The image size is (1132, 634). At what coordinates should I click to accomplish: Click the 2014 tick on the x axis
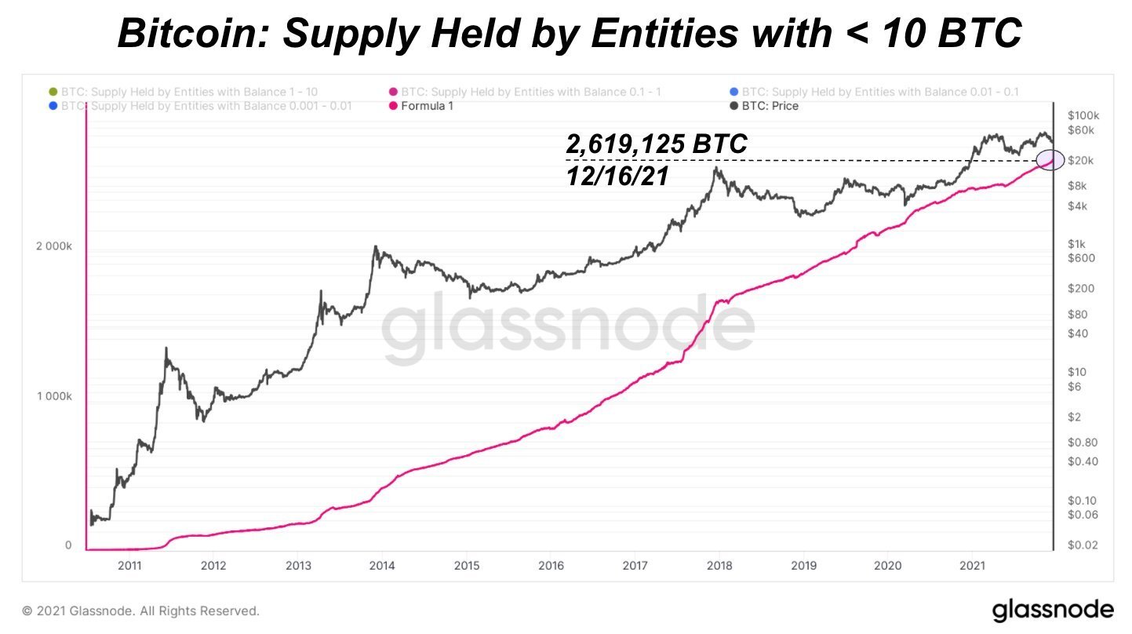tap(381, 565)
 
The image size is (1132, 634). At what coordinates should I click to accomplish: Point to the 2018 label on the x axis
tap(719, 565)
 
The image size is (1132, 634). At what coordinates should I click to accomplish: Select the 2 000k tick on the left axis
tap(54, 246)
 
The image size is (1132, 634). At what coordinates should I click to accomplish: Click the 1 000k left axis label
tap(54, 396)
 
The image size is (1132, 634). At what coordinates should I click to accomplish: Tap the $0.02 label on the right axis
tap(1083, 545)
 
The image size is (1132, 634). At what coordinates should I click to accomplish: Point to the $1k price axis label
tap(1076, 243)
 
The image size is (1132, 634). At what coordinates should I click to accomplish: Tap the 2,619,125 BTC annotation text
tap(656, 145)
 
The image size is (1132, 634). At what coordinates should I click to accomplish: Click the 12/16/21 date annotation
tap(617, 177)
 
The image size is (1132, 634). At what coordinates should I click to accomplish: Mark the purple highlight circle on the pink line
tap(1050, 160)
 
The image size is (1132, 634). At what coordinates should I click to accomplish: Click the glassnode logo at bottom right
tap(1052, 610)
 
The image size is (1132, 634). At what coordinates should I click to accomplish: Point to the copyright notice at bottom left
tap(140, 610)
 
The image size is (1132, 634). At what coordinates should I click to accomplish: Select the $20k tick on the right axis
tap(1080, 161)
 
